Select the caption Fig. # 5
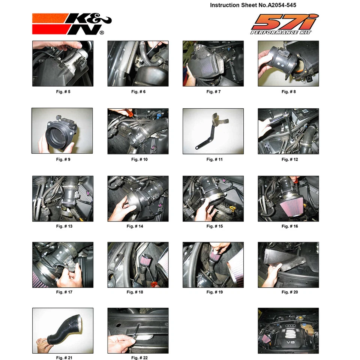(63, 91)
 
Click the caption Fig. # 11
(214, 159)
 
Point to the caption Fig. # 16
(289, 226)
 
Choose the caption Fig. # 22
(139, 358)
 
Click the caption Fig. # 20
(289, 292)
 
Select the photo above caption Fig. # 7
(213, 64)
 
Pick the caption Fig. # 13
(63, 226)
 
